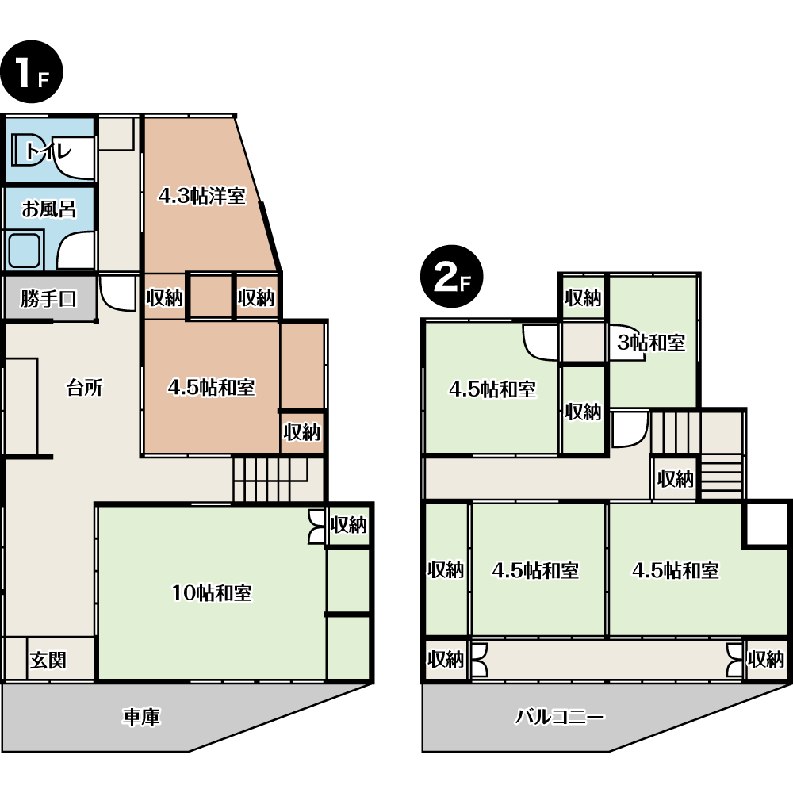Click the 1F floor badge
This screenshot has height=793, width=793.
pos(32,72)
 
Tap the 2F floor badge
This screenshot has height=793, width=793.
pos(452,277)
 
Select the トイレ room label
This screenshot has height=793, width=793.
pos(48,150)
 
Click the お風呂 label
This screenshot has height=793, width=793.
pos(48,209)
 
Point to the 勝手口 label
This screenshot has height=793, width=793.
pos(48,298)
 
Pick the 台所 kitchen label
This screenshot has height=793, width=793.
pos(85,388)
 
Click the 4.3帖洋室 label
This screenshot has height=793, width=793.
pos(201,196)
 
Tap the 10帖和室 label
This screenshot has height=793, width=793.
pos(212,592)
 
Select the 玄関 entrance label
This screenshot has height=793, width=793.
pos(48,660)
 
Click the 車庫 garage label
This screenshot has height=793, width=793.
pos(141,717)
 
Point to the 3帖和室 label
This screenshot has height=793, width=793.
pos(651,343)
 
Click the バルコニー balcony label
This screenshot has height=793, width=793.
pos(559,717)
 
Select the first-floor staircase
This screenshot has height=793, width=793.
pos(270,480)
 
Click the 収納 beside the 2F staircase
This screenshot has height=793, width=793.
pos(675,478)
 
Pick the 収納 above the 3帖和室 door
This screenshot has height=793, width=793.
pos(583,298)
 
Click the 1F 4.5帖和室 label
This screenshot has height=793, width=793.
pos(212,388)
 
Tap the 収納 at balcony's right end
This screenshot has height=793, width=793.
pos(766,659)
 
